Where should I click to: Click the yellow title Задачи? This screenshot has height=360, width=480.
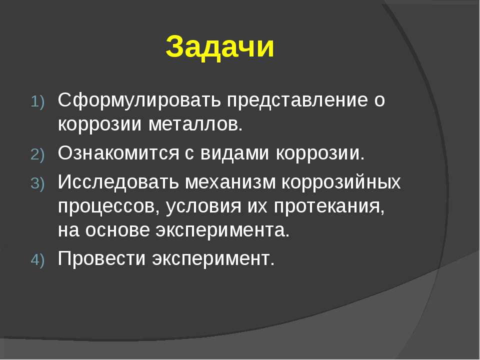220,47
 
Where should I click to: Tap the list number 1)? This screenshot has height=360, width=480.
37,102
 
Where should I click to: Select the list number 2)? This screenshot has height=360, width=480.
37,154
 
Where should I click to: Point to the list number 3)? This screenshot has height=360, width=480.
37,183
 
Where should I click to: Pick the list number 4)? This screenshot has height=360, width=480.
37,260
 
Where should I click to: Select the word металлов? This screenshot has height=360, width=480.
195,124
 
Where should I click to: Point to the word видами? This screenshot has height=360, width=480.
234,153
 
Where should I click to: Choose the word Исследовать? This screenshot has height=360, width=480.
118,181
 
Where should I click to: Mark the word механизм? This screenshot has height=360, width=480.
230,181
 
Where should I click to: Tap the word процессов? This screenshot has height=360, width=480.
108,207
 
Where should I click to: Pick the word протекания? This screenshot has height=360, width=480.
329,207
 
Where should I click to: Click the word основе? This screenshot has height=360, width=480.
117,230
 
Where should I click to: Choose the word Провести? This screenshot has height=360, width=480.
101,258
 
